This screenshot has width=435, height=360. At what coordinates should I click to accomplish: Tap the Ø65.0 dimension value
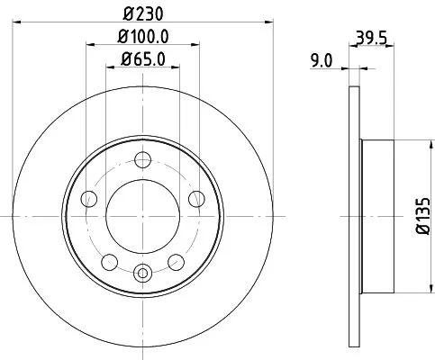[142, 61]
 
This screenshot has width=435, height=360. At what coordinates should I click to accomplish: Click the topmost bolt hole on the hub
[140, 161]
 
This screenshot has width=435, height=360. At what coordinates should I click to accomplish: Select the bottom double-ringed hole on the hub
[140, 272]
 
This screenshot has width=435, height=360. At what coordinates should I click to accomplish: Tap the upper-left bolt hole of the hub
[88, 199]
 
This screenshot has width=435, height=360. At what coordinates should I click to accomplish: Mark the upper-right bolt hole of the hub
[194, 199]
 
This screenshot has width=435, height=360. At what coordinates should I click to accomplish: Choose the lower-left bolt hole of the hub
[108, 261]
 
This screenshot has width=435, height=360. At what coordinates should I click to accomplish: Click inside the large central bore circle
[140, 216]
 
